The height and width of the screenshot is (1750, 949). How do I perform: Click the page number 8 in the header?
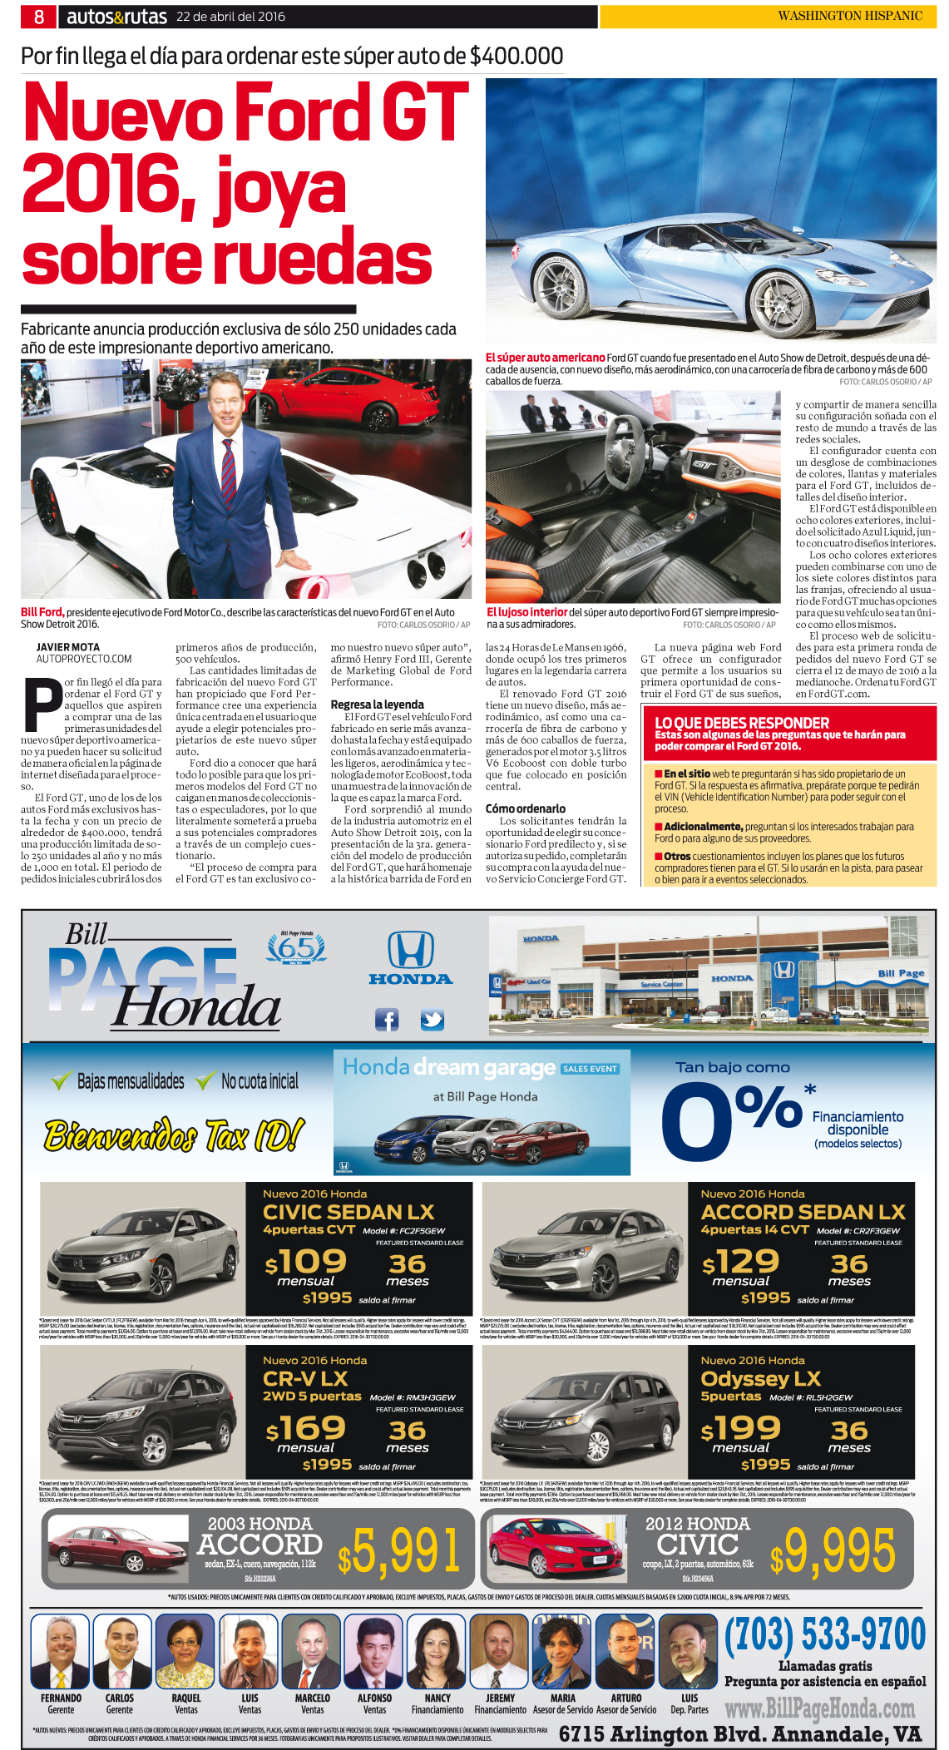[x=39, y=16]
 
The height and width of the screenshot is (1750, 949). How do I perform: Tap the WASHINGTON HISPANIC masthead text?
[x=849, y=16]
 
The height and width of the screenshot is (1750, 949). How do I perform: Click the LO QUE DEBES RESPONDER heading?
[x=742, y=723]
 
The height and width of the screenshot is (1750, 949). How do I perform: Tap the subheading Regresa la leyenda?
[x=377, y=704]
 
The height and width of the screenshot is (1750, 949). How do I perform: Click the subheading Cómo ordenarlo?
[x=526, y=808]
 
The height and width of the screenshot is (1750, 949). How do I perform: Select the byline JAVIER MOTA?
[x=67, y=647]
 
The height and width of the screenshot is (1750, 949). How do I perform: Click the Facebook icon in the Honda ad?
[x=387, y=1020]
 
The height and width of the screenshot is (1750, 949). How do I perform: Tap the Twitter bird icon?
[x=432, y=1020]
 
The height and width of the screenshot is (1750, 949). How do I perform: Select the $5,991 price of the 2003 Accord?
[x=399, y=1552]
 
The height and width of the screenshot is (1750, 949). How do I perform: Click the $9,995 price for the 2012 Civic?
[x=833, y=1552]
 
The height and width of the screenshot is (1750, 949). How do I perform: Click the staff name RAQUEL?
[x=186, y=1698]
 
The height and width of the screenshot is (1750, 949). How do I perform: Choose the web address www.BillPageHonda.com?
[x=819, y=1708]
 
